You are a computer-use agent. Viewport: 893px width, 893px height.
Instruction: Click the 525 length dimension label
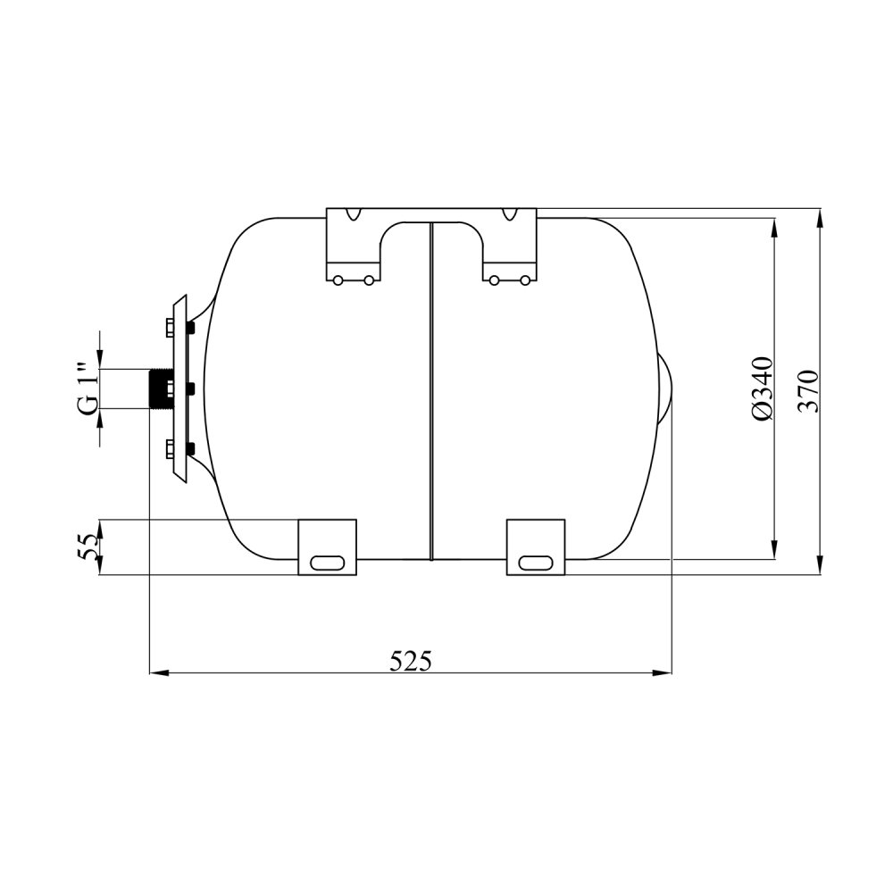pyautogui.click(x=411, y=661)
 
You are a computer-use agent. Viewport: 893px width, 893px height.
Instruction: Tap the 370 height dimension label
pyautogui.click(x=808, y=391)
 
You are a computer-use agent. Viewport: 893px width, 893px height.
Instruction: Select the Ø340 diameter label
pyautogui.click(x=763, y=388)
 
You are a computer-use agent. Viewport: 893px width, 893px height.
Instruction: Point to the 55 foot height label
pyautogui.click(x=88, y=547)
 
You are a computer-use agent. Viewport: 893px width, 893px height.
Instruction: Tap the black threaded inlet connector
pyautogui.click(x=158, y=389)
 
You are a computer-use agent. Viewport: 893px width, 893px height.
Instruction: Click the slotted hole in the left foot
pyautogui.click(x=328, y=563)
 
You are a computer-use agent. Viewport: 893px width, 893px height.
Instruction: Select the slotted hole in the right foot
pyautogui.click(x=535, y=563)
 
